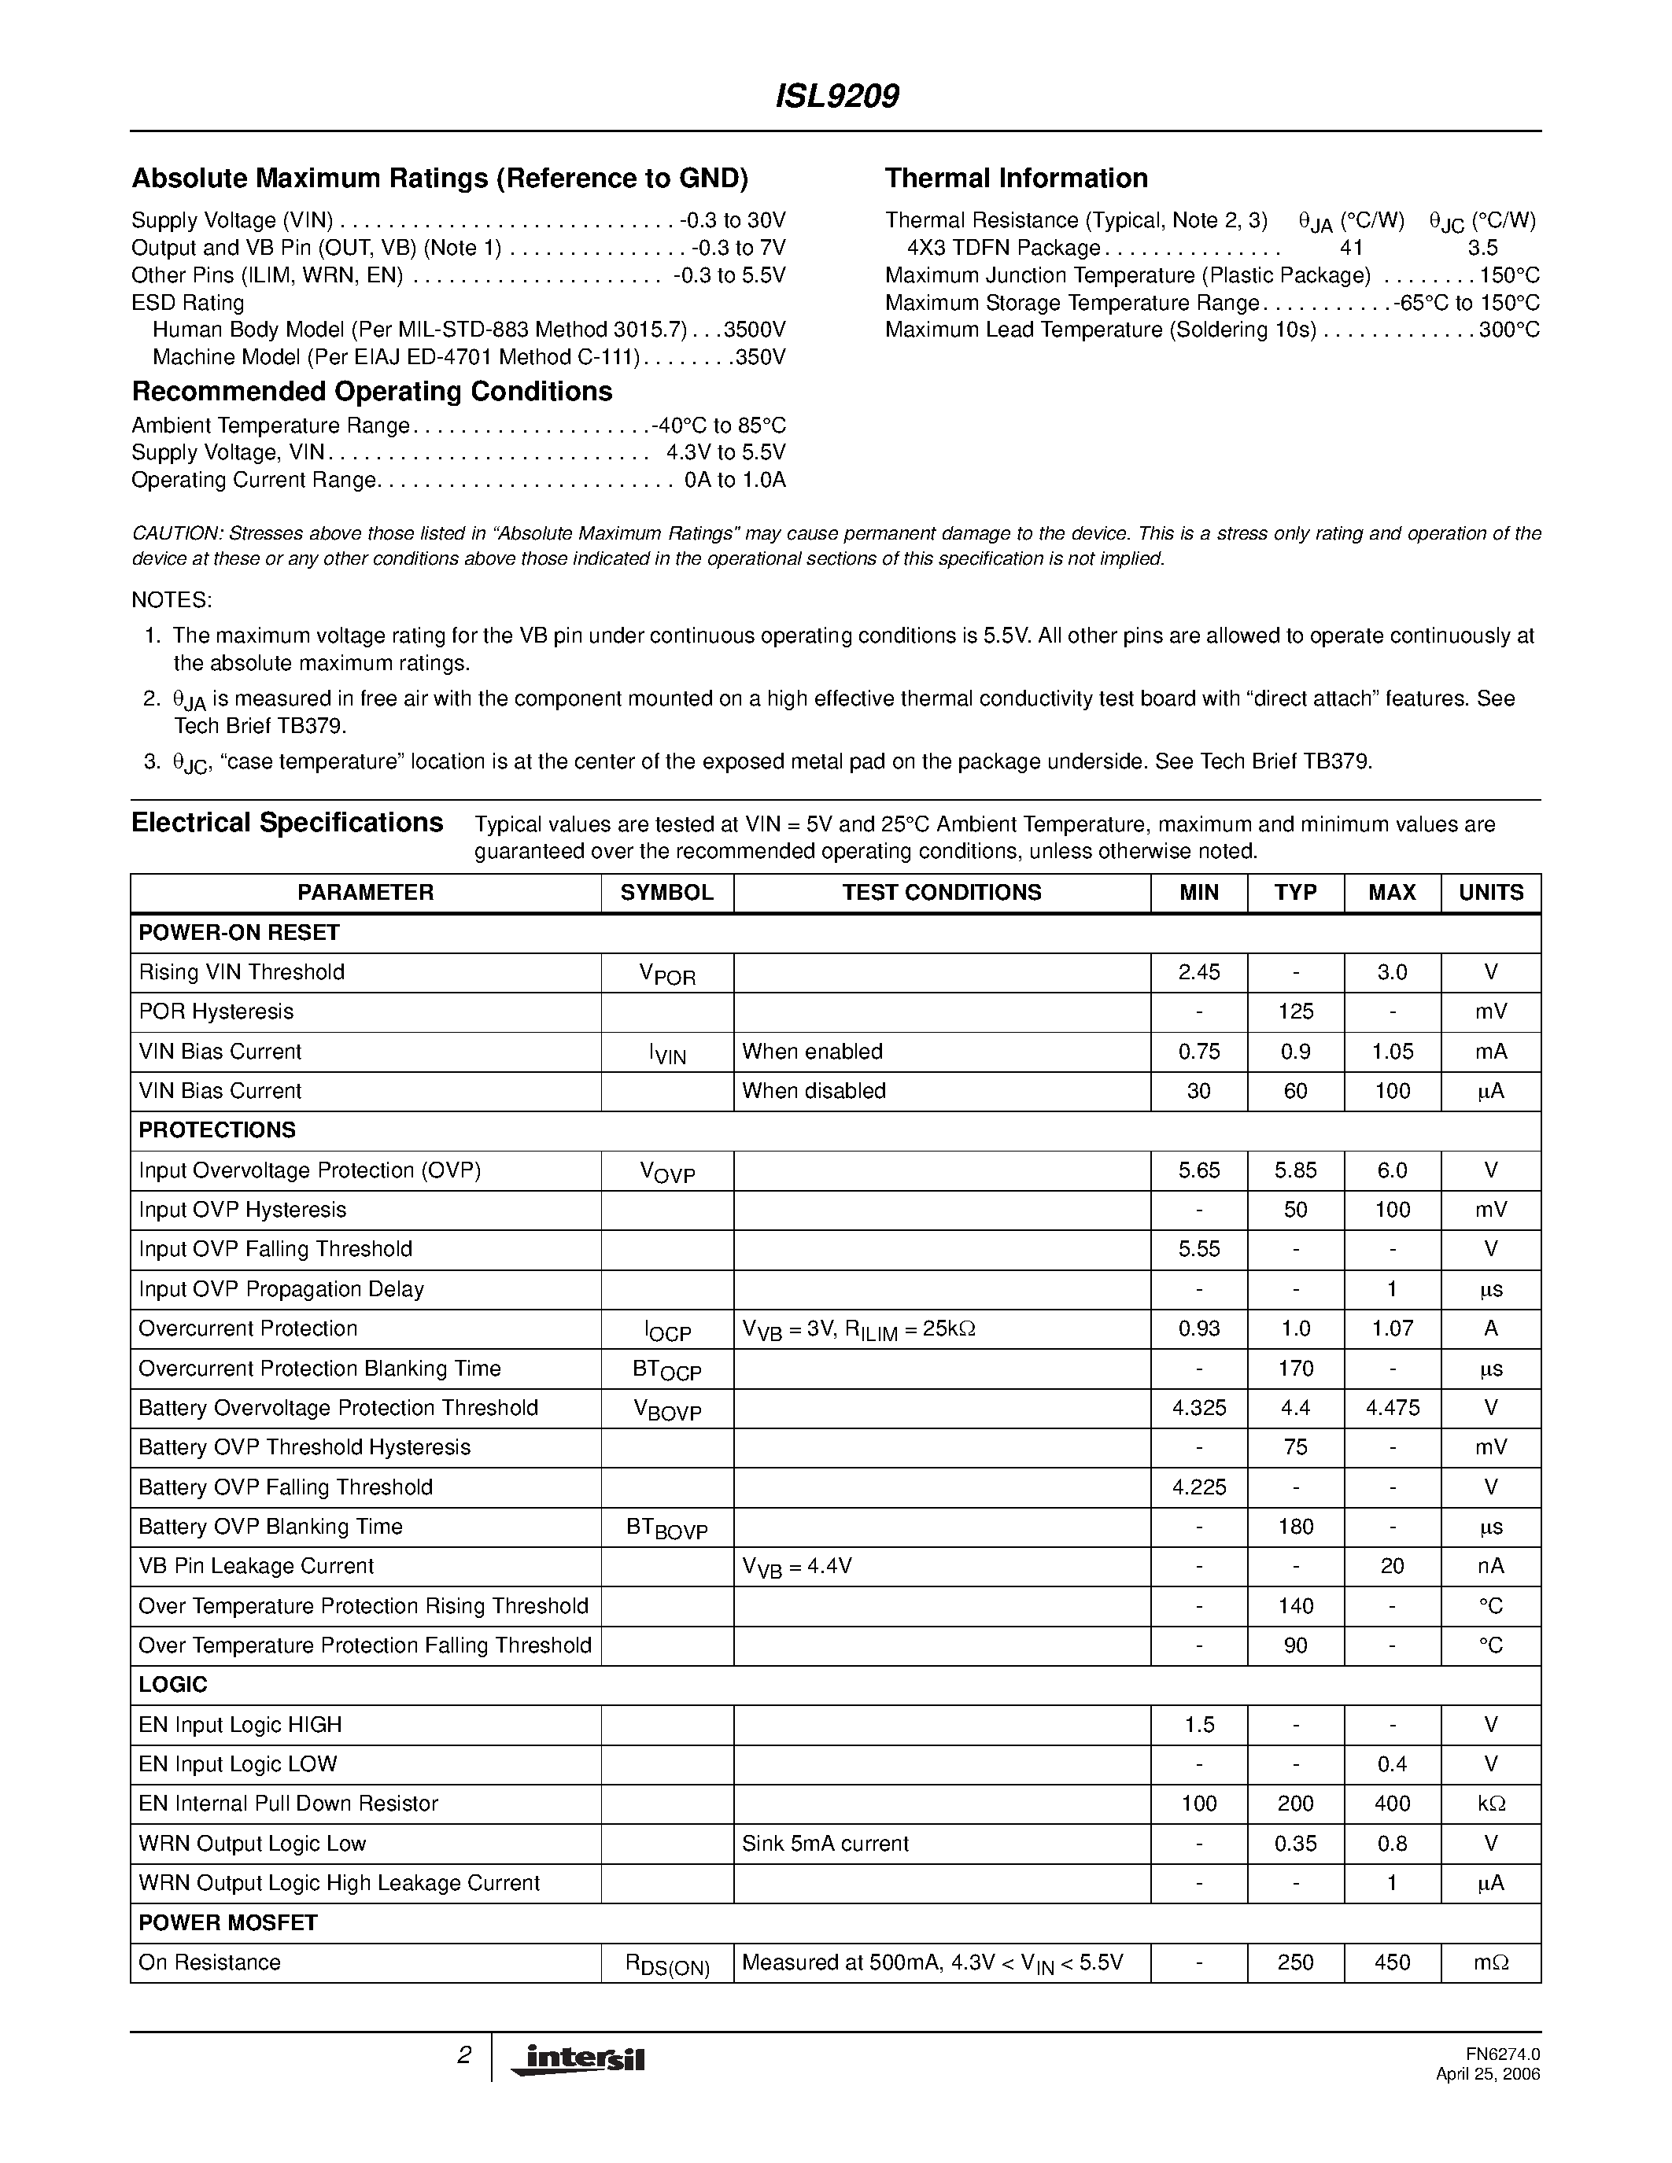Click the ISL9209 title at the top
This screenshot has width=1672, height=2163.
(836, 96)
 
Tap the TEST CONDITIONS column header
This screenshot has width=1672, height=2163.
(941, 893)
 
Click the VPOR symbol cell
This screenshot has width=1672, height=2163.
(666, 974)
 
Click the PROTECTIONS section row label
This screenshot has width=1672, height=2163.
(217, 1130)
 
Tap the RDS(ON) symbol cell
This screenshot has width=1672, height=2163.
(666, 1964)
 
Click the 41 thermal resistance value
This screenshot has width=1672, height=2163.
(1351, 248)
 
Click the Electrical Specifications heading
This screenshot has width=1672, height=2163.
(287, 823)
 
